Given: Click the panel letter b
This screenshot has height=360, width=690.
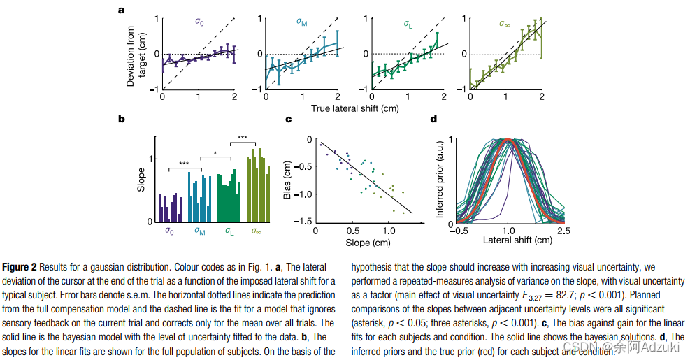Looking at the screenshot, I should (x=122, y=120).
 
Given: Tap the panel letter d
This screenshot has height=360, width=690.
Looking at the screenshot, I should (x=434, y=120).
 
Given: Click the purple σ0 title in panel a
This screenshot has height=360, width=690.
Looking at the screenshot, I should (x=199, y=22).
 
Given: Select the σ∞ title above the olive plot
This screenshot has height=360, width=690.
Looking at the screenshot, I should (x=505, y=22).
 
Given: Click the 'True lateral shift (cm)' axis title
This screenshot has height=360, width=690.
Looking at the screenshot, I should (x=354, y=108).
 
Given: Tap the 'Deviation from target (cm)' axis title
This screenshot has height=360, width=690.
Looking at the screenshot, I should (x=136, y=56).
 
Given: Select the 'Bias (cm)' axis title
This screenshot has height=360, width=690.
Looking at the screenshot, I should (x=287, y=180).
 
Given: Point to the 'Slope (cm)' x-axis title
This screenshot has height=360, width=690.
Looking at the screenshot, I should (x=366, y=243).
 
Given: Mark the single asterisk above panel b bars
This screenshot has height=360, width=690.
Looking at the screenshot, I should (x=216, y=153).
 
